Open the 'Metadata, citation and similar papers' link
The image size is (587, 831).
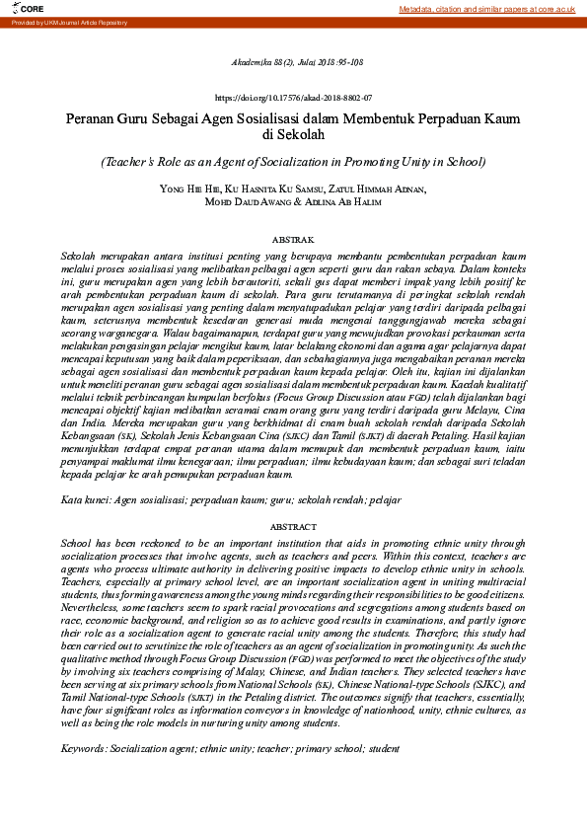coord(487,9)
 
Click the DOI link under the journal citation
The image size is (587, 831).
coord(293,99)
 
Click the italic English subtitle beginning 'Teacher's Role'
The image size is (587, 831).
coord(293,161)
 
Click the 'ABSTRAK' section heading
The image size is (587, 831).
coord(293,240)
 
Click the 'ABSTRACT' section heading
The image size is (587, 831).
coord(293,527)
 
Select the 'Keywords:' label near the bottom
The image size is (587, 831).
coord(84,749)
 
